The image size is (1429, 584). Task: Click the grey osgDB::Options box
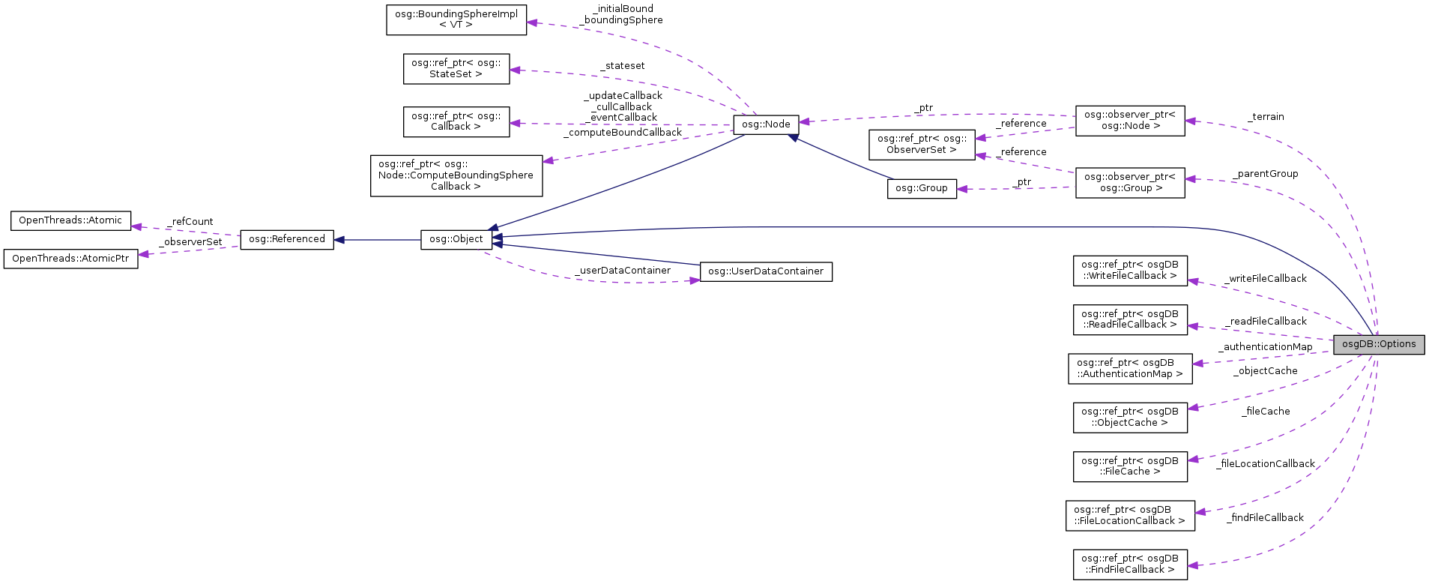click(1378, 344)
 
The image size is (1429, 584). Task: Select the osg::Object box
click(456, 239)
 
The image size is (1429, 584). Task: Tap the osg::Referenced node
click(286, 239)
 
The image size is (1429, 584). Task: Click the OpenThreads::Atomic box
click(70, 220)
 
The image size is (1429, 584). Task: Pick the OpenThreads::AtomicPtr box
click(70, 259)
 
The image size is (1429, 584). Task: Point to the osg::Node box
click(766, 124)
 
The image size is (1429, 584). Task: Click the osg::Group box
click(921, 188)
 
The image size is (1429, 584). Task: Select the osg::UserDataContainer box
click(765, 271)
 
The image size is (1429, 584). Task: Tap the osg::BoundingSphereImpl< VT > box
click(456, 19)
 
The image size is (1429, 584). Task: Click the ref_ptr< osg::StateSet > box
click(456, 68)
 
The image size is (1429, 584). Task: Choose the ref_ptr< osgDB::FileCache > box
click(1129, 466)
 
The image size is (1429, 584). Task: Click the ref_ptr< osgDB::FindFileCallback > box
click(1129, 564)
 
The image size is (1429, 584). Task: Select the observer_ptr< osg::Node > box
click(1129, 120)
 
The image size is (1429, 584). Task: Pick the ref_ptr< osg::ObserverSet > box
click(921, 144)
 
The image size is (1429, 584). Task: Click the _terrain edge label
click(1266, 117)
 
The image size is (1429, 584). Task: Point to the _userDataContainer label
click(623, 271)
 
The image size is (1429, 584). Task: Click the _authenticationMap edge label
click(1265, 347)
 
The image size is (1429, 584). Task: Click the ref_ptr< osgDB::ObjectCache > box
click(1129, 417)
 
